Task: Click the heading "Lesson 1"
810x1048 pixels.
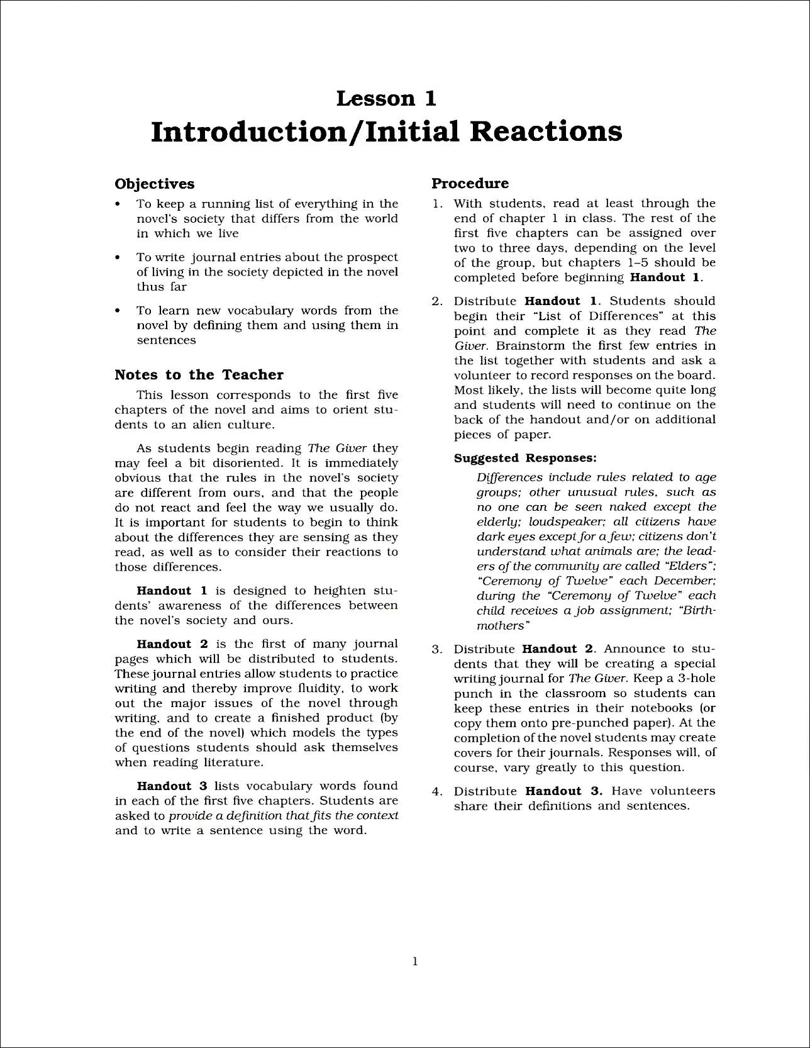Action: click(386, 98)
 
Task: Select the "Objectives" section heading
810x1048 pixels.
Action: click(154, 184)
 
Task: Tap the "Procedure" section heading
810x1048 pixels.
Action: click(470, 183)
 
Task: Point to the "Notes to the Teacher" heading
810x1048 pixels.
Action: click(199, 375)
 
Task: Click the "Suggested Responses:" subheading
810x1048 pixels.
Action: click(525, 458)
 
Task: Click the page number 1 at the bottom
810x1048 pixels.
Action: click(414, 979)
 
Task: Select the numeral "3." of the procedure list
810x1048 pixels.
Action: click(437, 649)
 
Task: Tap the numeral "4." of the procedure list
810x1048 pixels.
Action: click(437, 791)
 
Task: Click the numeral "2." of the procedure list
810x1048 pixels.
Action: click(437, 301)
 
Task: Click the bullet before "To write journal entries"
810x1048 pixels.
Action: click(118, 258)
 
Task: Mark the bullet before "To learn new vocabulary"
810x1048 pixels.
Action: click(118, 311)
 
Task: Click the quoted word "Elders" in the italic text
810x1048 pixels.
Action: click(690, 566)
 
